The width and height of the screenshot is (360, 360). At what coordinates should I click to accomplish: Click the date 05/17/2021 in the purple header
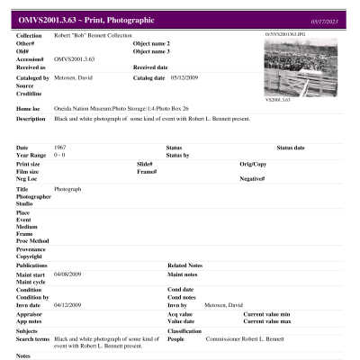click(x=327, y=18)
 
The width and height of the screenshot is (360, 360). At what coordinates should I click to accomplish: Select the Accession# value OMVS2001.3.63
click(x=75, y=58)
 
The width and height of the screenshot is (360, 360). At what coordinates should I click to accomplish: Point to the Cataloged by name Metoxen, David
click(x=74, y=77)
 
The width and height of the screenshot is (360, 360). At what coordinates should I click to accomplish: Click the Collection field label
click(x=30, y=35)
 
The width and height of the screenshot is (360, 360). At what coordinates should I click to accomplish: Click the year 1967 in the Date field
click(x=60, y=147)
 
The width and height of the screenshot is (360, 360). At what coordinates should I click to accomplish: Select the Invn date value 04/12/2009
click(x=68, y=304)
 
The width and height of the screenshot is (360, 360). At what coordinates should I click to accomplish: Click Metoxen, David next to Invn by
click(x=223, y=304)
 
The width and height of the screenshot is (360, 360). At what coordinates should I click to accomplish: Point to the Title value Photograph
click(x=68, y=189)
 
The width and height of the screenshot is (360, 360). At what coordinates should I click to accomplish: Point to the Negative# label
click(x=253, y=178)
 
